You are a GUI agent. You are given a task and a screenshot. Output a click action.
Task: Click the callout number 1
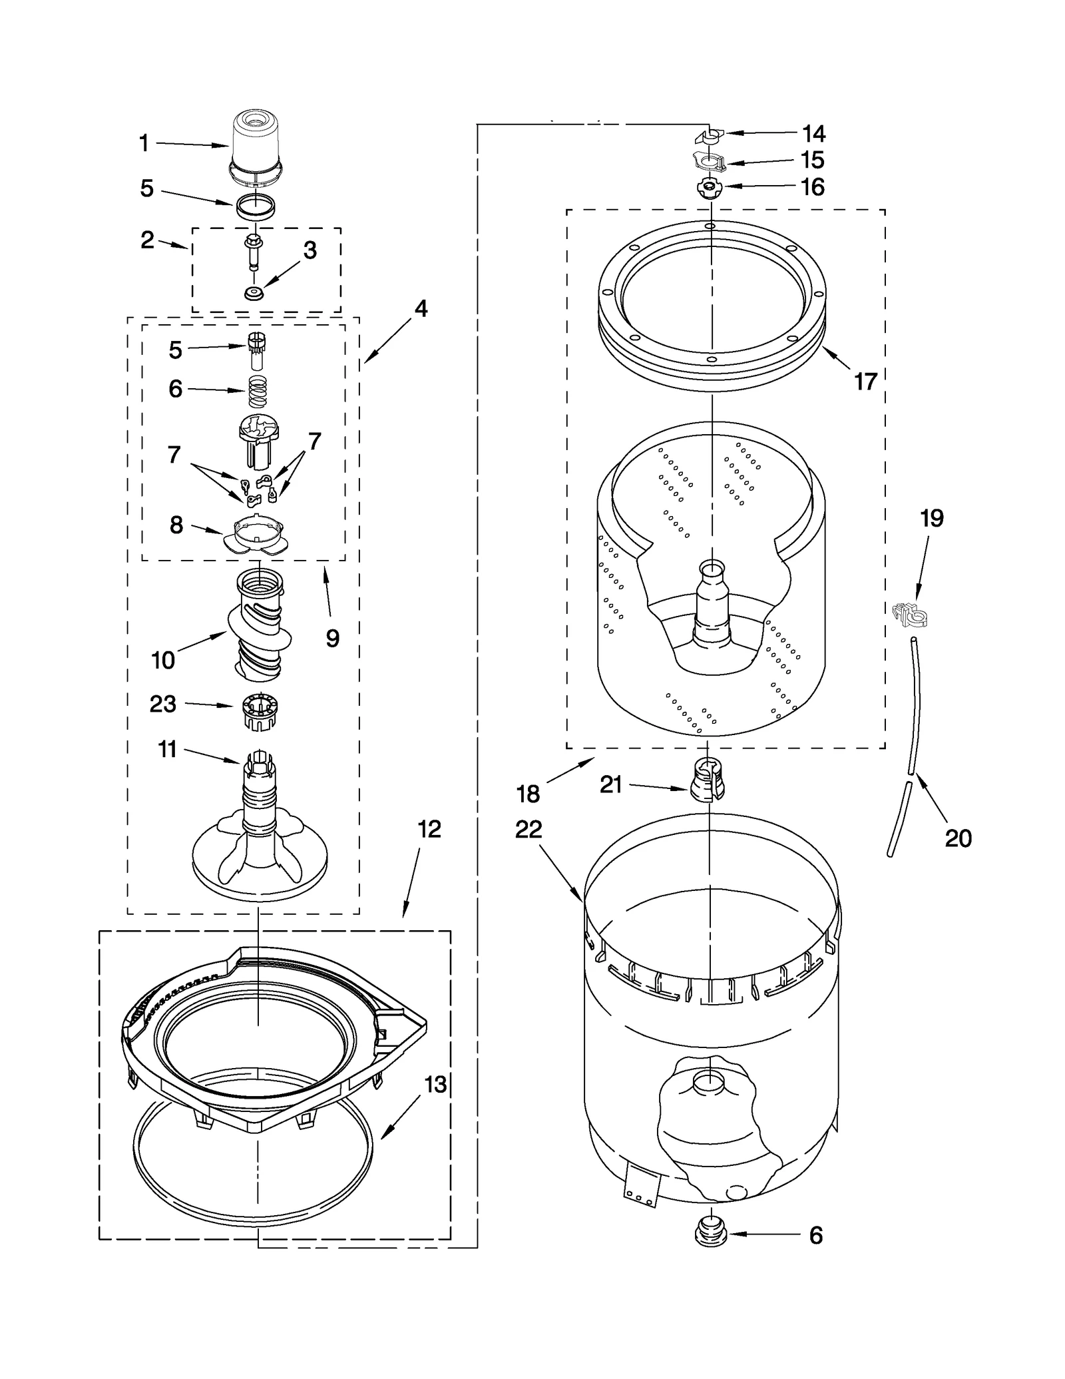coord(144,143)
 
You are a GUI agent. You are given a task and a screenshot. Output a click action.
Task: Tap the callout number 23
coord(162,704)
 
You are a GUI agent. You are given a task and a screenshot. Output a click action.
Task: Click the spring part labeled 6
coord(257,392)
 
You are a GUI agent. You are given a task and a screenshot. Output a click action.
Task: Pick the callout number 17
coord(865,382)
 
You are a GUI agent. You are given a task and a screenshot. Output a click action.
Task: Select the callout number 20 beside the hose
coord(958,838)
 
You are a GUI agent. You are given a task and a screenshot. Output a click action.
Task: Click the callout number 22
coord(528,829)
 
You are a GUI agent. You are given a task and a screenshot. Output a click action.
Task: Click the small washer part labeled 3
coord(252,293)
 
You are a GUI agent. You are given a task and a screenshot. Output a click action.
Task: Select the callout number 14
coord(813,134)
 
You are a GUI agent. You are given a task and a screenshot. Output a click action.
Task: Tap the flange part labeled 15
coord(710,160)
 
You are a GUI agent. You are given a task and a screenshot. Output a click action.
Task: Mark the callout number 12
coord(429,829)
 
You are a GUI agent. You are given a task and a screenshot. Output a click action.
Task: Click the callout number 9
coord(332,639)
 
